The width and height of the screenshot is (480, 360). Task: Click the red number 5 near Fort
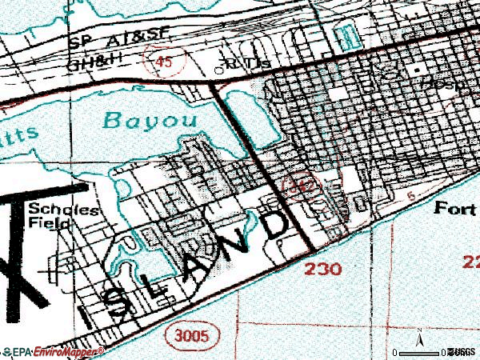[410, 194]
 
